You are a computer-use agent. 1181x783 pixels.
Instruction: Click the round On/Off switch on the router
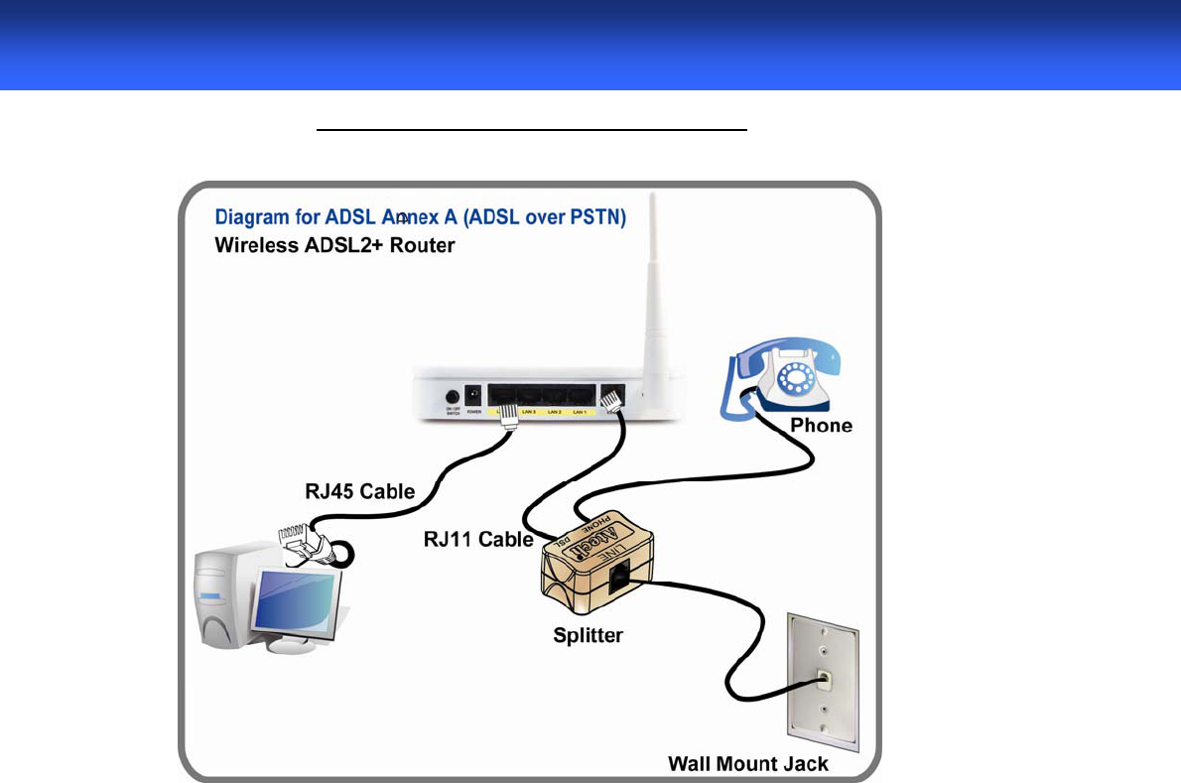[453, 395]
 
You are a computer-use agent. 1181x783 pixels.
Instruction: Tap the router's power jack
[473, 394]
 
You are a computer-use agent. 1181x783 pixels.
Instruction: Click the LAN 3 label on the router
[528, 411]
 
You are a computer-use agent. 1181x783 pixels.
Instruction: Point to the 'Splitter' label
[588, 635]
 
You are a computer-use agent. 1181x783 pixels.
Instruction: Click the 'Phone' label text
[821, 426]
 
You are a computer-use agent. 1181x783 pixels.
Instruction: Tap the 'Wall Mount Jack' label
[747, 763]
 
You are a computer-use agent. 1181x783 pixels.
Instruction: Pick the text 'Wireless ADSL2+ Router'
[334, 244]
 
